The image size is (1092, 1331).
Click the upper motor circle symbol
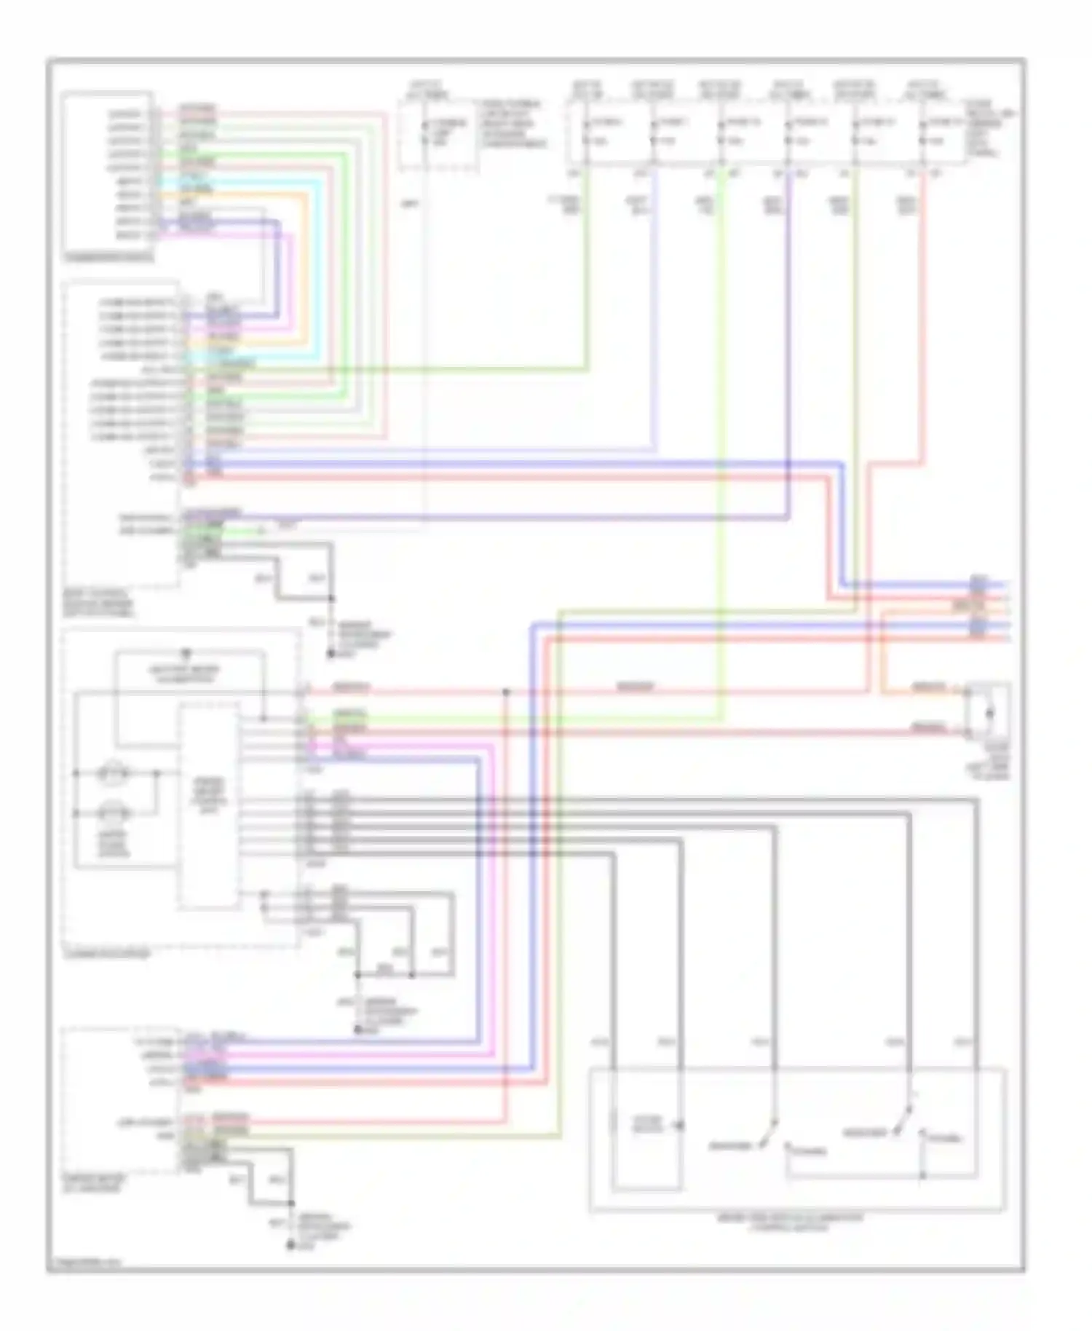[115, 771]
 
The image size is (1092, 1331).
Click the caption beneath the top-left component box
[109, 257]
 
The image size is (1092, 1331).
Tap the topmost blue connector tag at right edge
[978, 583]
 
